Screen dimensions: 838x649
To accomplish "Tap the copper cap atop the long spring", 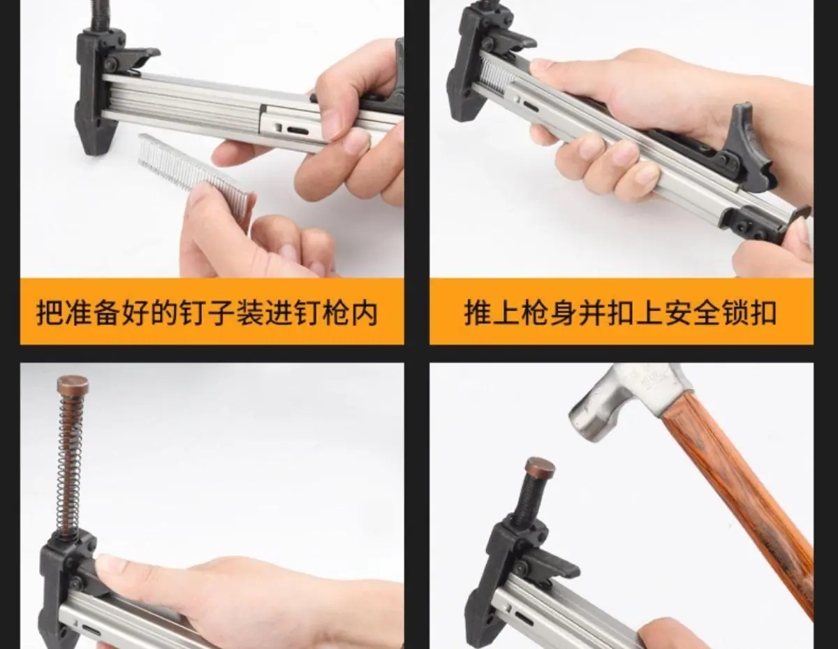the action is click(x=73, y=384).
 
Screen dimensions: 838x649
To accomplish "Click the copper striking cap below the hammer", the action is click(x=540, y=467).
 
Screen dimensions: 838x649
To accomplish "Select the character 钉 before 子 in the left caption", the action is click(x=194, y=312).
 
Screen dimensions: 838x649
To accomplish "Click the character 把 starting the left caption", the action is click(x=50, y=312).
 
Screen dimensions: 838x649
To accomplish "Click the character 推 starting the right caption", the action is click(x=478, y=312).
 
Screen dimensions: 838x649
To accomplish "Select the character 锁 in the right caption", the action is click(x=735, y=312).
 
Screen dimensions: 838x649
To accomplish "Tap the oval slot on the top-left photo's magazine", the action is click(x=297, y=131).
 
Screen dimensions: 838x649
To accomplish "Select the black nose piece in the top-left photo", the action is click(x=97, y=92).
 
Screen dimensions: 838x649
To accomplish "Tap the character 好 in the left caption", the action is click(x=136, y=312).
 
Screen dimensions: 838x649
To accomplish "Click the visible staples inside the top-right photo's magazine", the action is click(x=497, y=75).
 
